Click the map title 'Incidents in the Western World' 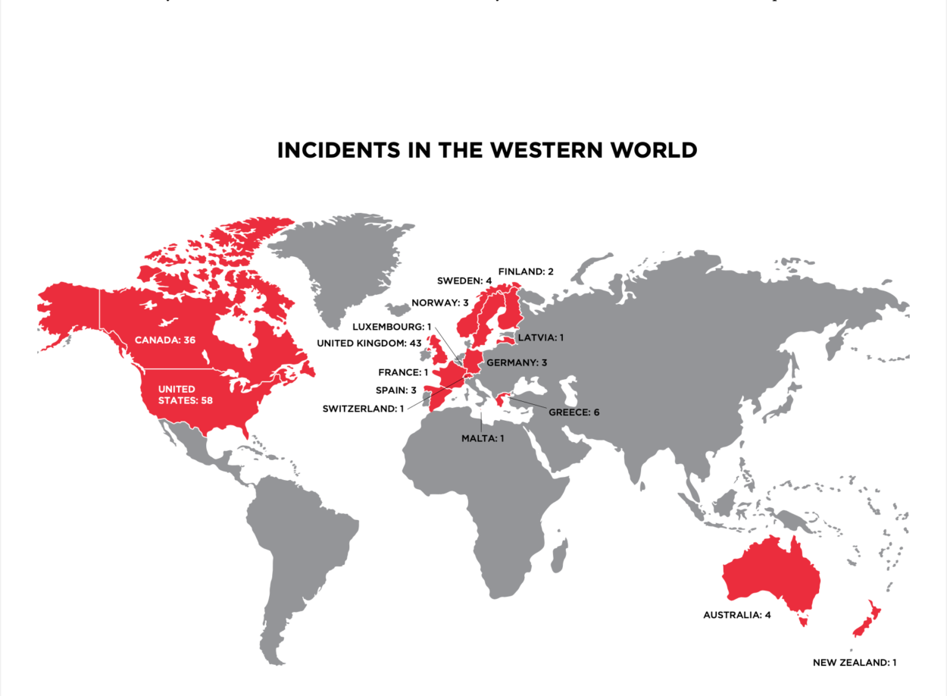(486, 150)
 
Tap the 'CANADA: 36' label (165, 340)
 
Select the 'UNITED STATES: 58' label (184, 394)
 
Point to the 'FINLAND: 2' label (527, 271)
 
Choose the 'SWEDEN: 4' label (464, 281)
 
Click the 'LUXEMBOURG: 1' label (392, 327)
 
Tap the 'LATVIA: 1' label (541, 337)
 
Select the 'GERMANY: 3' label (517, 362)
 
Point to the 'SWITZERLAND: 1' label (363, 409)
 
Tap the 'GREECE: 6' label (574, 412)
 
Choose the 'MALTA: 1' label (483, 437)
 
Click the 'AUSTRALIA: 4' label (736, 615)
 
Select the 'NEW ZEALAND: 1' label (855, 663)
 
